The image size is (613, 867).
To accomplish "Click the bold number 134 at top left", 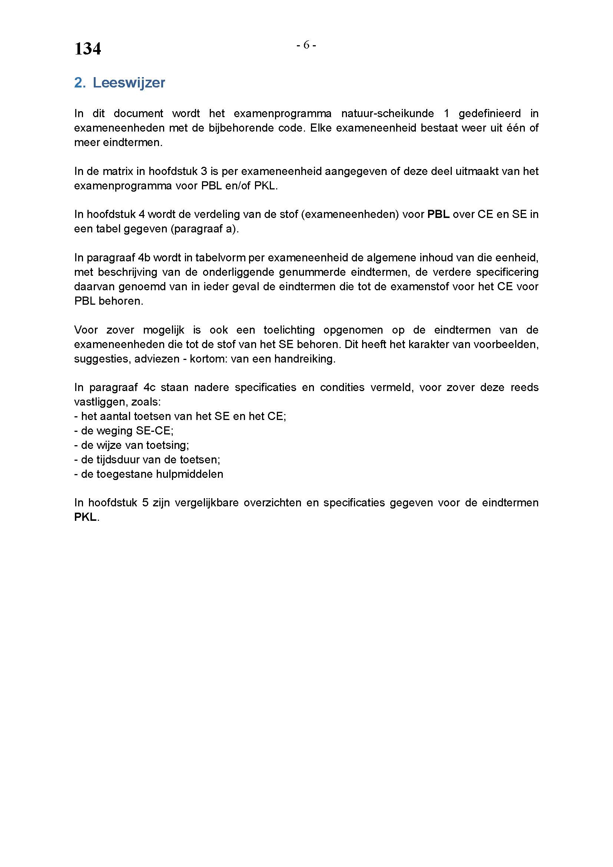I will coord(87,49).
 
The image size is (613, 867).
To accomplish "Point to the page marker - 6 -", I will coord(306,45).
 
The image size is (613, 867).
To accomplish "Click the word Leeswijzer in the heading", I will coord(129,83).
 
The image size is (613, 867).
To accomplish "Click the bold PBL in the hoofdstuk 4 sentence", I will coord(438,215).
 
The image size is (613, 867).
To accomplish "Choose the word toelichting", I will coord(289,330).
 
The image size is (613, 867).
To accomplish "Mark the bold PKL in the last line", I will coord(86,517).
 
